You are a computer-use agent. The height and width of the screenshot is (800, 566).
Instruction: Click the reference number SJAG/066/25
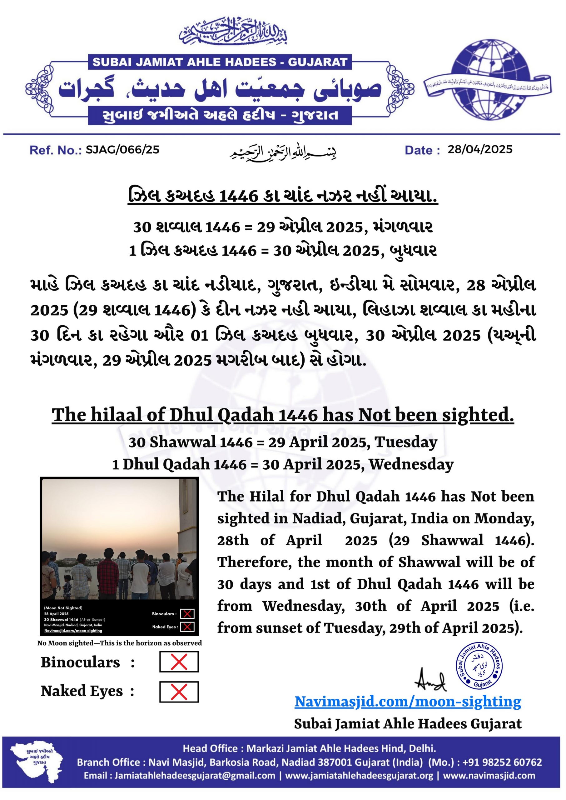(122, 150)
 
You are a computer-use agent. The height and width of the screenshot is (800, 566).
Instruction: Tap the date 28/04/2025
(480, 150)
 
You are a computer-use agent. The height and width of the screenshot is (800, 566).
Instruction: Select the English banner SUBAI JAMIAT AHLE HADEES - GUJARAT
(220, 62)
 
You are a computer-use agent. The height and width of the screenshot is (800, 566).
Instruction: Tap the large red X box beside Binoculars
(179, 662)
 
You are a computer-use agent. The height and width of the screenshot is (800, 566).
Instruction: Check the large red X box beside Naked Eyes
(179, 692)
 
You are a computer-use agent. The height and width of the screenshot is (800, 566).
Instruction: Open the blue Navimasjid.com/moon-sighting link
(408, 701)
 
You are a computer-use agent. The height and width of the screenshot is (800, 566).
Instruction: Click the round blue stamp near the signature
(480, 666)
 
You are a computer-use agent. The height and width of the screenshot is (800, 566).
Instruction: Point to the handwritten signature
(431, 680)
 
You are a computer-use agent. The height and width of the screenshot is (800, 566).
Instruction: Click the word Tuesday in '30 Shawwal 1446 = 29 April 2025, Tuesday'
(406, 442)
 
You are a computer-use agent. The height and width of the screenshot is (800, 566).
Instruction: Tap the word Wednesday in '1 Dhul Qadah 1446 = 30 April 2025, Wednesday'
(411, 464)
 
